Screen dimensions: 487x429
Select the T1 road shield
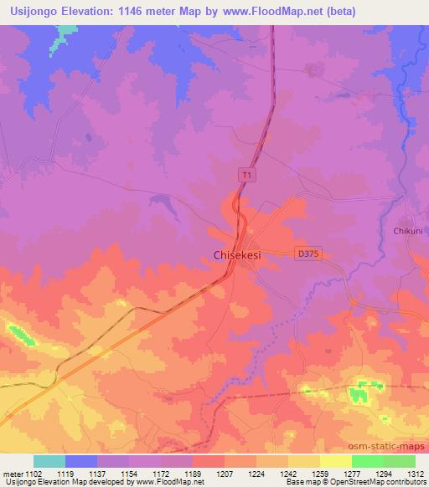[x=246, y=175]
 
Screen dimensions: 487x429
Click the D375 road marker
[x=309, y=253]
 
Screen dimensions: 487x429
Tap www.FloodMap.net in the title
[x=267, y=12]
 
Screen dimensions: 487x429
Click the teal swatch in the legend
[x=49, y=461]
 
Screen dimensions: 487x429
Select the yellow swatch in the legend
[x=335, y=461]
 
